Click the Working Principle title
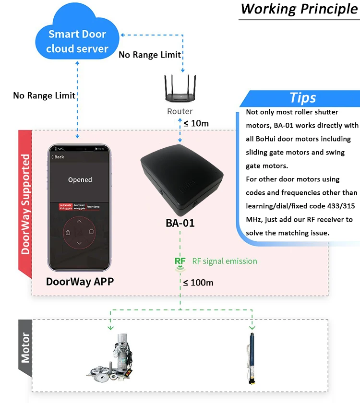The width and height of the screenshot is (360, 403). tap(299, 9)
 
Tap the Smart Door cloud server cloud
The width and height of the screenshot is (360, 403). tap(78, 41)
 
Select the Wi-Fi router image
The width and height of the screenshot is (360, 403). tap(180, 88)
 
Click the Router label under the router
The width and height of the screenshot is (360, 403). tap(180, 112)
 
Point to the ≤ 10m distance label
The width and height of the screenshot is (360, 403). tap(196, 123)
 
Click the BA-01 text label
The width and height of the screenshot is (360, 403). tap(180, 223)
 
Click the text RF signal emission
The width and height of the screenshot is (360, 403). tap(225, 261)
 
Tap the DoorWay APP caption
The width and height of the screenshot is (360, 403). tap(80, 282)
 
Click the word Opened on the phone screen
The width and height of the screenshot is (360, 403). tap(80, 180)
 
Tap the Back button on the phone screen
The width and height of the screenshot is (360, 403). tap(58, 157)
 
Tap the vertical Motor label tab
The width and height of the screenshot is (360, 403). tap(25, 348)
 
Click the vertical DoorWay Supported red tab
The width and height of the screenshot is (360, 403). tap(25, 203)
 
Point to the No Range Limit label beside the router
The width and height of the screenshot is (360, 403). tap(150, 55)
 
